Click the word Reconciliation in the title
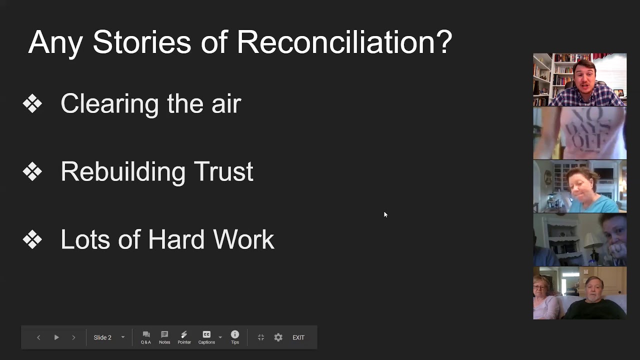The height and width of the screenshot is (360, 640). [344, 42]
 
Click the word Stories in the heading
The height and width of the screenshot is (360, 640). [141, 42]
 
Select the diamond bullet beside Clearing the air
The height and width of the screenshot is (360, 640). [32, 104]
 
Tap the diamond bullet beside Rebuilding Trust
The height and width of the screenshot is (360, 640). [32, 172]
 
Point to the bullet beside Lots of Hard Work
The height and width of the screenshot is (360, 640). [32, 240]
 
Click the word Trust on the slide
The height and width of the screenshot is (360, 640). [223, 172]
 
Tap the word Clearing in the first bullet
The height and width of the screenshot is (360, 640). [110, 104]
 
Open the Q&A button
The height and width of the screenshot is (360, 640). [146, 337]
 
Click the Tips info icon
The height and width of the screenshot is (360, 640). [235, 334]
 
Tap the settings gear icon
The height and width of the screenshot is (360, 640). [278, 337]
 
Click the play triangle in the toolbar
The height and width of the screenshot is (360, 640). [56, 337]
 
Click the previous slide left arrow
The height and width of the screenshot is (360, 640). [38, 337]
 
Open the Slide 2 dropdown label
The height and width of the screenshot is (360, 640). [103, 337]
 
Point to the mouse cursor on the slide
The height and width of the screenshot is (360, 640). [385, 214]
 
